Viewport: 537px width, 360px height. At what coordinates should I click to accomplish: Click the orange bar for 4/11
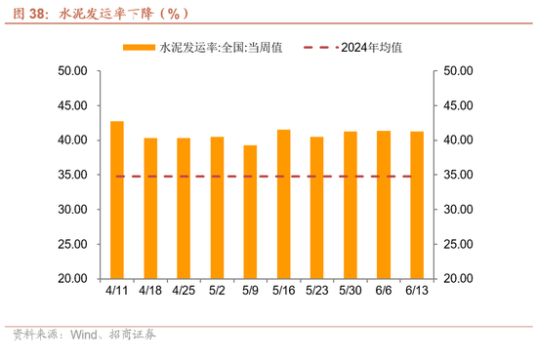(117, 200)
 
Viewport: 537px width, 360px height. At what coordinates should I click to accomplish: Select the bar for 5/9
(250, 212)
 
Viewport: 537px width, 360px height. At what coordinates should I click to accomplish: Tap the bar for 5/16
(283, 204)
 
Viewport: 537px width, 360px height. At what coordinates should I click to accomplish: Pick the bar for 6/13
(416, 205)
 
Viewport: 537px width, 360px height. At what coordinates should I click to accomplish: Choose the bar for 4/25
(184, 208)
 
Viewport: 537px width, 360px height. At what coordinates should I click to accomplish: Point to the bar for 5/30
(350, 205)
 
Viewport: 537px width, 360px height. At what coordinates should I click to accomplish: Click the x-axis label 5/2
(217, 291)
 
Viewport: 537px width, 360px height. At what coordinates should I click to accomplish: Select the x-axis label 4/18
(150, 291)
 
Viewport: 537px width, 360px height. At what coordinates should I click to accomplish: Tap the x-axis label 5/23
(316, 291)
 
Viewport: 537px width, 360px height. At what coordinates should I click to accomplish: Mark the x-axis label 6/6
(383, 291)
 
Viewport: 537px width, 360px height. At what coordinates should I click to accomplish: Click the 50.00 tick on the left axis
(74, 71)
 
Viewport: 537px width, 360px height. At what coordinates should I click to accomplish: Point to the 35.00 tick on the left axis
(74, 176)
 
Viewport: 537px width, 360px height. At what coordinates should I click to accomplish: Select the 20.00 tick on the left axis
(74, 279)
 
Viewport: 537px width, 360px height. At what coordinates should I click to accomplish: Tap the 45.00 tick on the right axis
(458, 106)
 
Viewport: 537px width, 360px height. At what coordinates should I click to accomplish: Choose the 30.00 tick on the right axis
(458, 210)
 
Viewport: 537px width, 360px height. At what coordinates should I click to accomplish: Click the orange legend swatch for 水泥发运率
(139, 47)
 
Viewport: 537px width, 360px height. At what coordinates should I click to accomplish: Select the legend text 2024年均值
(374, 47)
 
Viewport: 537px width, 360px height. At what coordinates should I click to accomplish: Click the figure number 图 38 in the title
(24, 14)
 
